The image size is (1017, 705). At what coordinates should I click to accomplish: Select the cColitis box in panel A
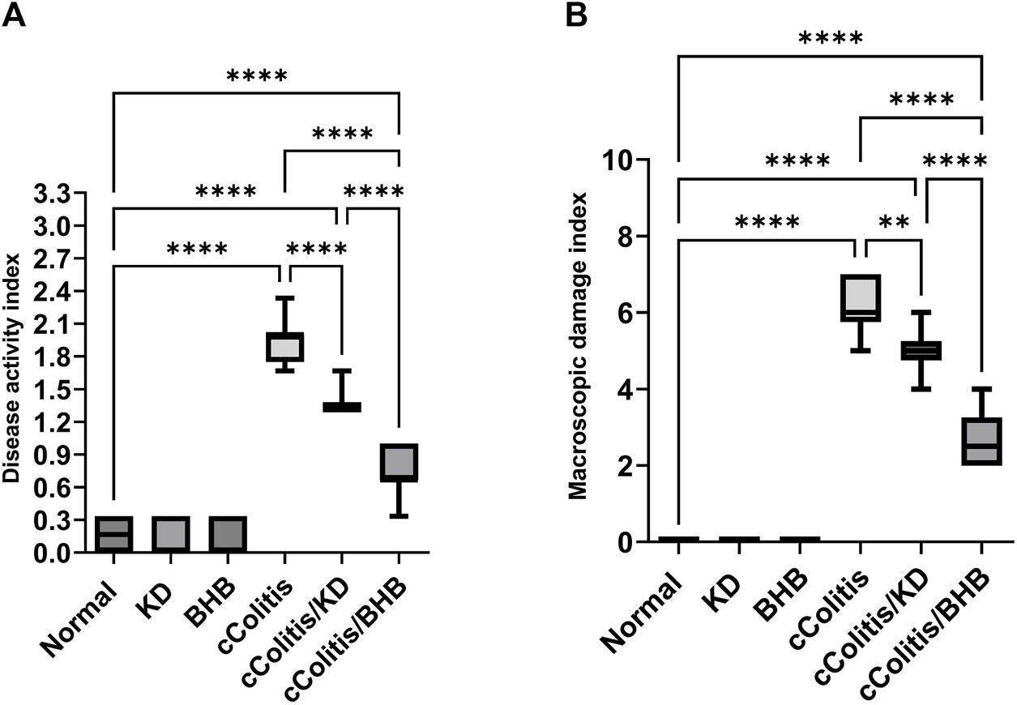(284, 346)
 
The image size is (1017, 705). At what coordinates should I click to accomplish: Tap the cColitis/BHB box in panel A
(398, 463)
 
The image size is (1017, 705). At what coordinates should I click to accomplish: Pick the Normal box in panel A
(113, 535)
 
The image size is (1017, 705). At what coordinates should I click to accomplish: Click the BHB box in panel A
(228, 535)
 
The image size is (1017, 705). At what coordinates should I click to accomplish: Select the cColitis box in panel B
(861, 298)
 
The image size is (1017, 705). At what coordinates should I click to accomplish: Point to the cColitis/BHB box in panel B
(981, 442)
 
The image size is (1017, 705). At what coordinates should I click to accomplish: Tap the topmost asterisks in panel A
(256, 77)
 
